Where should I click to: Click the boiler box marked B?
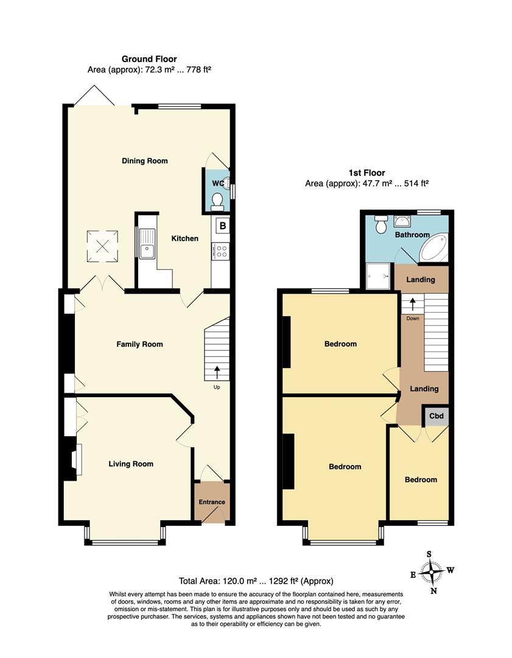tap(222, 226)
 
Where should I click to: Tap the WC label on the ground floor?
tap(217, 183)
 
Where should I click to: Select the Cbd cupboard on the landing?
tap(437, 417)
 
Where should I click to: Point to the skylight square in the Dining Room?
tap(102, 244)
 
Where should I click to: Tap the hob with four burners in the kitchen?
tap(220, 250)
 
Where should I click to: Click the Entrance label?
tap(212, 502)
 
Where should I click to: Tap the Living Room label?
tap(131, 464)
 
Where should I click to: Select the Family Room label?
tap(139, 344)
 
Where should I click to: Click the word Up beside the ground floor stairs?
tap(217, 387)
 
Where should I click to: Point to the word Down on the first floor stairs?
tap(412, 318)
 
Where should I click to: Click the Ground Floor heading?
tap(149, 59)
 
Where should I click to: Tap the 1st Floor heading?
tap(366, 173)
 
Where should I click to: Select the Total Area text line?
tap(256, 581)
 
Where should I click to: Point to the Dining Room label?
tap(144, 161)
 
